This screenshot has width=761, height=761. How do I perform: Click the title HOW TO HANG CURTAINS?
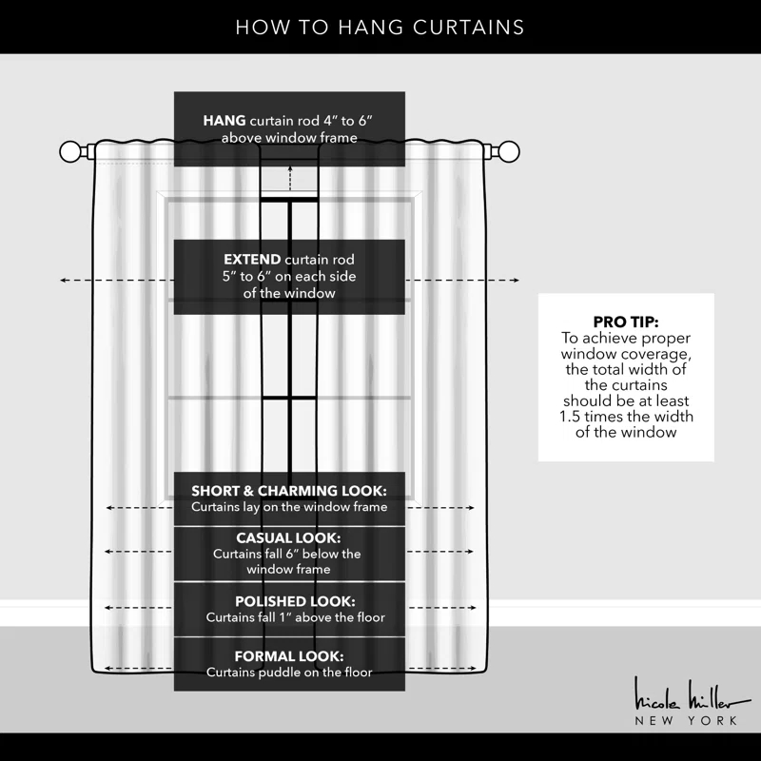(x=380, y=27)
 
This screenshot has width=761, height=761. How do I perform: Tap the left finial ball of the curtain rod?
(x=71, y=151)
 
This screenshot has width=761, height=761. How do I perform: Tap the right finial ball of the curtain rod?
(x=510, y=151)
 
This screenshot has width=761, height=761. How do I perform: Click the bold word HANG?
(x=224, y=121)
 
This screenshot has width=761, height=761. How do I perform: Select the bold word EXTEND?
(x=252, y=259)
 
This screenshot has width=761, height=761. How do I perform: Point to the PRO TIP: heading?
(x=625, y=322)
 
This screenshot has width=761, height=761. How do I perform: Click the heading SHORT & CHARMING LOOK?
(x=289, y=491)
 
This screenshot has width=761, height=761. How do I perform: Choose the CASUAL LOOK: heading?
(x=288, y=537)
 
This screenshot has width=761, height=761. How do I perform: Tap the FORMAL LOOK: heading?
(x=289, y=656)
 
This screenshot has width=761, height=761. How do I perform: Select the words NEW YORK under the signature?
(x=686, y=721)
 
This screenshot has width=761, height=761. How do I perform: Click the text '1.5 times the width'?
(x=625, y=417)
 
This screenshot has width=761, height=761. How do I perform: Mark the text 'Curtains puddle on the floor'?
(x=289, y=673)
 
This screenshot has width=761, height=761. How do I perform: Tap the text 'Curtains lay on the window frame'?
(x=289, y=507)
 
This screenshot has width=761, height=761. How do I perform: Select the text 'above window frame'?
(x=289, y=138)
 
